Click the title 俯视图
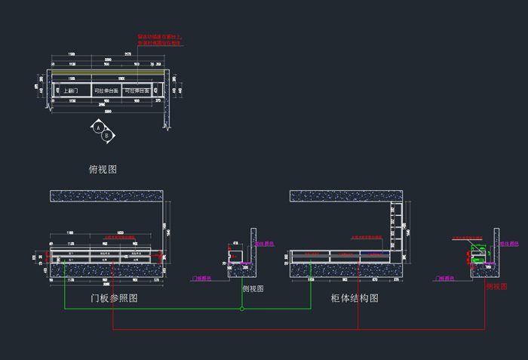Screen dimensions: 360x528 pyautogui.click(x=103, y=170)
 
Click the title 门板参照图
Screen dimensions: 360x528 pyautogui.click(x=114, y=299)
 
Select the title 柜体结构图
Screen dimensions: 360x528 pyautogui.click(x=355, y=299)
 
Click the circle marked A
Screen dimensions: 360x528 pyautogui.click(x=98, y=128)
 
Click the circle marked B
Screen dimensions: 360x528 pyautogui.click(x=107, y=136)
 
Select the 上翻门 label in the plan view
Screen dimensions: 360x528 pyautogui.click(x=72, y=91)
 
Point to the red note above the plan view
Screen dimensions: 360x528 pyautogui.click(x=159, y=40)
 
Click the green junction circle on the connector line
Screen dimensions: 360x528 pyautogui.click(x=241, y=309)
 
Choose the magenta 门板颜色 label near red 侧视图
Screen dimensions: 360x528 pyautogui.click(x=447, y=278)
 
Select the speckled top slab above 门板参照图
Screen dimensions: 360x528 pyautogui.click(x=106, y=196)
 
